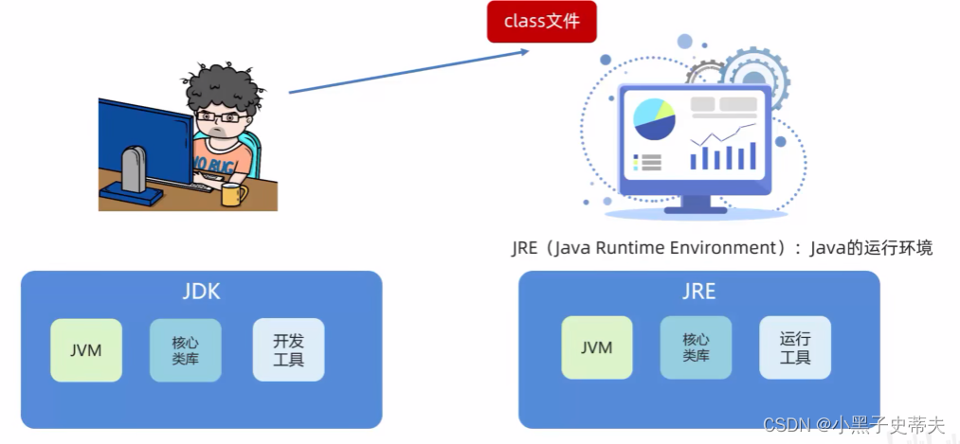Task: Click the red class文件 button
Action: [541, 22]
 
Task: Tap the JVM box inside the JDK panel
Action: [86, 349]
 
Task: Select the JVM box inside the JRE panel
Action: [597, 347]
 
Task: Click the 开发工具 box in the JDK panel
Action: [289, 349]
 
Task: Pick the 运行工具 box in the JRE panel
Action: [795, 347]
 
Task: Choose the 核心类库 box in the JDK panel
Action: [185, 349]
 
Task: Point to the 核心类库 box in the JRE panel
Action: [696, 347]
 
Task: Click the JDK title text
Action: [201, 292]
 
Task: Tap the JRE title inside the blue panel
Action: [698, 291]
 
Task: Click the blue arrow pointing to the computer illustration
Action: [408, 71]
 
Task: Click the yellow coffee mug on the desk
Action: [231, 194]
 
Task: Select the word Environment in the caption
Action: [730, 249]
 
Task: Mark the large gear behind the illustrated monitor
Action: [752, 72]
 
